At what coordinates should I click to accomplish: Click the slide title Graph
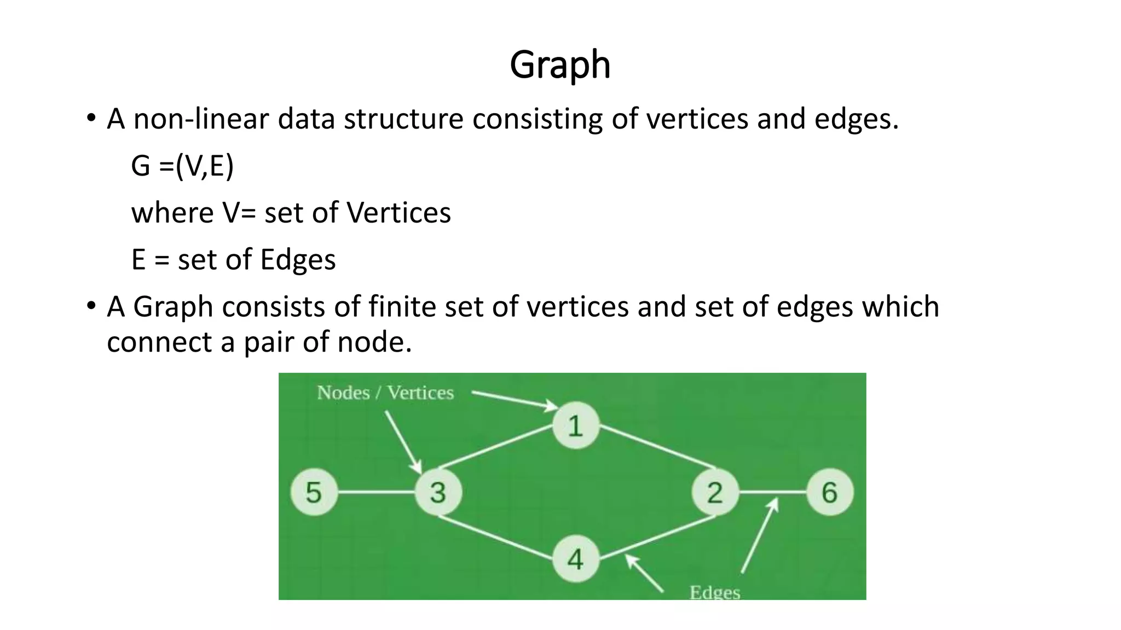point(559,65)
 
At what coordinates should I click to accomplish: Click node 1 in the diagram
point(575,425)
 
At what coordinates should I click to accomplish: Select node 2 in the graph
point(714,492)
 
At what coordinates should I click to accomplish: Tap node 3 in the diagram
point(438,492)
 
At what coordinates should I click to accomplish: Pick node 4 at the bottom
point(575,559)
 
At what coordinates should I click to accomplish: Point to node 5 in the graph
point(313,492)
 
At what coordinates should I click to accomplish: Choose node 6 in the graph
point(829,492)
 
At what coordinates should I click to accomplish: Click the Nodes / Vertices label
point(385,393)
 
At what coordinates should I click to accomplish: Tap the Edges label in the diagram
point(714,592)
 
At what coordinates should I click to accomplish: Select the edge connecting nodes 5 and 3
point(376,492)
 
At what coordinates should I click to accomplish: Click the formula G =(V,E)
point(182,166)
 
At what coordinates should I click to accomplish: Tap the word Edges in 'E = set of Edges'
point(298,260)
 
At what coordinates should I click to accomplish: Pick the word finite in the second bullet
point(402,306)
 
